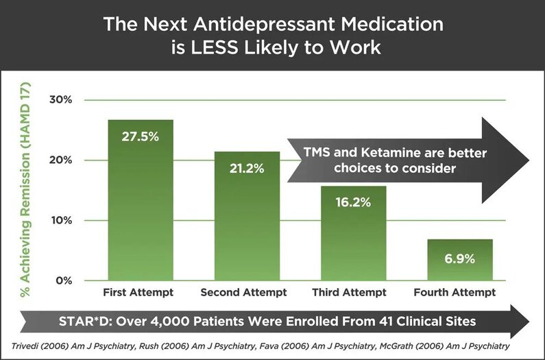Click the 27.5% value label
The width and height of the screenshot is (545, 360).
[x=141, y=136]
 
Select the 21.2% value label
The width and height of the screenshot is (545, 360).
[x=247, y=168]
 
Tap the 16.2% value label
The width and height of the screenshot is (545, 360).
[x=354, y=203]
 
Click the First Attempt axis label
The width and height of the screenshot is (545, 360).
[x=138, y=293]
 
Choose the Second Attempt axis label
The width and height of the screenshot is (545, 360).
[x=243, y=293]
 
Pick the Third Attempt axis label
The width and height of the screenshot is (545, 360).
[x=349, y=293]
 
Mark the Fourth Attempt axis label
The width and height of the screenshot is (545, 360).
[x=455, y=293]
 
